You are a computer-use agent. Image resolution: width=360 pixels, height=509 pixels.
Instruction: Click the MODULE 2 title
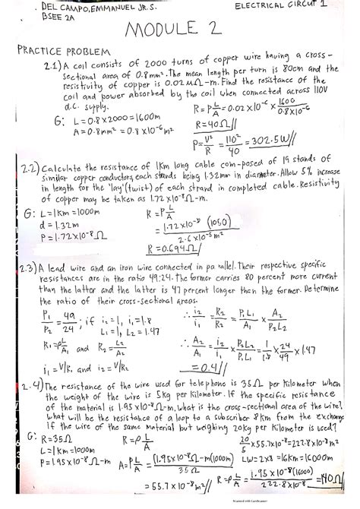tap(179, 33)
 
